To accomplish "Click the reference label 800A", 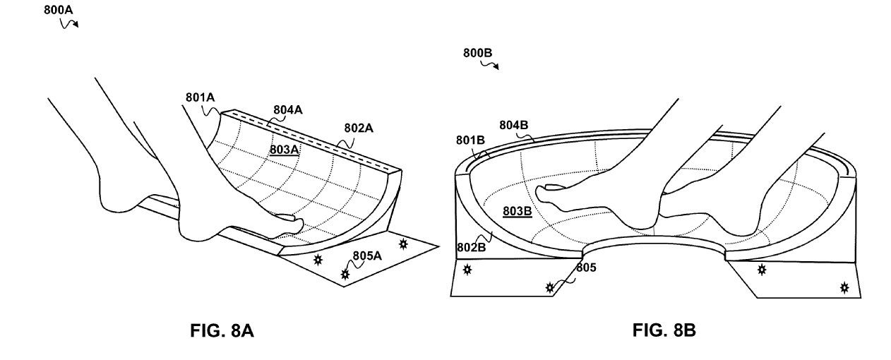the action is pos(58,10).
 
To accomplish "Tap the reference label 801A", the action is pos(200,97).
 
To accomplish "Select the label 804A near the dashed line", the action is pos(287,110).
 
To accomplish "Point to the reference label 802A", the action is pos(359,128).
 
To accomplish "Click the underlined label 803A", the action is pos(284,150).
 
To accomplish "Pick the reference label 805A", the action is pos(366,256).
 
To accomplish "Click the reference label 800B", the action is pos(477,53).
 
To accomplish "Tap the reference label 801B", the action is pos(470,140).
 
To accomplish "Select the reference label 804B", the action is pos(513,126).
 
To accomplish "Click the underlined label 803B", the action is pos(517,211).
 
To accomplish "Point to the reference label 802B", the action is pos(471,248).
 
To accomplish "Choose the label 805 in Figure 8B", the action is pos(586,268).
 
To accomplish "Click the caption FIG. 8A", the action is pos(222,330).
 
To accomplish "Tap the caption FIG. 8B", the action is pos(664,330).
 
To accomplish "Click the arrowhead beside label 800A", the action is pos(76,25).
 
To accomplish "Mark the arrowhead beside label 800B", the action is pos(496,67).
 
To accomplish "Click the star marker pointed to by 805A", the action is pos(345,275).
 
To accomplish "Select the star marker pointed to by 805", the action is pos(549,287).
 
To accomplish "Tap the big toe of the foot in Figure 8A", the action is pos(287,217).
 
